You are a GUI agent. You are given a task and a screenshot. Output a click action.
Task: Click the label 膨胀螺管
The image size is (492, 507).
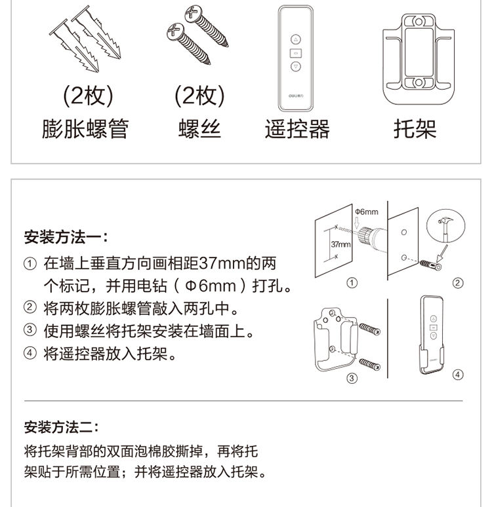click(x=85, y=128)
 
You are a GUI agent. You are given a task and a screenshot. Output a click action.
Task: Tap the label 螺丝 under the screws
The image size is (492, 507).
click(x=199, y=128)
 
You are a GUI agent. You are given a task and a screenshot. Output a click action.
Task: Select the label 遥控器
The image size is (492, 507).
click(x=297, y=128)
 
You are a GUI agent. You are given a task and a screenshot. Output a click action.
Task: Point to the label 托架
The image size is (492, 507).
click(x=415, y=128)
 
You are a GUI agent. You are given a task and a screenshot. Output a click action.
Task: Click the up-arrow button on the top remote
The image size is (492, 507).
click(x=295, y=39)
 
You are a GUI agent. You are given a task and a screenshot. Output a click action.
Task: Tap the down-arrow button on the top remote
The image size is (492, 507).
click(x=295, y=67)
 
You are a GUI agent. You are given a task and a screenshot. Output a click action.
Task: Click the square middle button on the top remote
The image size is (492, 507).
click(x=295, y=53)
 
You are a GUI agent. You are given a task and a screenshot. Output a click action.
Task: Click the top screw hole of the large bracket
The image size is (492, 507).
click(x=419, y=22)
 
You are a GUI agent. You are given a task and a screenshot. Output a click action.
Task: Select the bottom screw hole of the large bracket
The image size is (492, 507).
click(x=419, y=82)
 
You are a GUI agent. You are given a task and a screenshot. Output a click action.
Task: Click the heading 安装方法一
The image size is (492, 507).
click(x=66, y=237)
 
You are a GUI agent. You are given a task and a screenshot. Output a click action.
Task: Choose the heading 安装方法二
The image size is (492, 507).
click(x=61, y=427)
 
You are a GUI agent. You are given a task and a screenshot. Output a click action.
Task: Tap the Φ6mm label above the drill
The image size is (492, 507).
click(x=367, y=212)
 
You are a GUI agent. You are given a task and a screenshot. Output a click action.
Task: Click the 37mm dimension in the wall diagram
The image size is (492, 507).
click(x=340, y=244)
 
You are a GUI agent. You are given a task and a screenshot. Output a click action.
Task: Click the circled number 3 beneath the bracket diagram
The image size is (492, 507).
click(x=352, y=378)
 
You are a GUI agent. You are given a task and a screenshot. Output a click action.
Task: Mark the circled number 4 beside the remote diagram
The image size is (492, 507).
click(x=458, y=375)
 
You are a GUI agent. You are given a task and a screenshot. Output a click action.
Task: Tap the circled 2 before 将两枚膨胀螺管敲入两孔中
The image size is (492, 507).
click(x=30, y=307)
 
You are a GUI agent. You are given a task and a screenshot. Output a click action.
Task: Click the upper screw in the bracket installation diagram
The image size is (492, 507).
click(x=369, y=329)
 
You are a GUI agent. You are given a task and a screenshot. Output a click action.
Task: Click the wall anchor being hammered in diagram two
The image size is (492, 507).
click(x=431, y=265)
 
